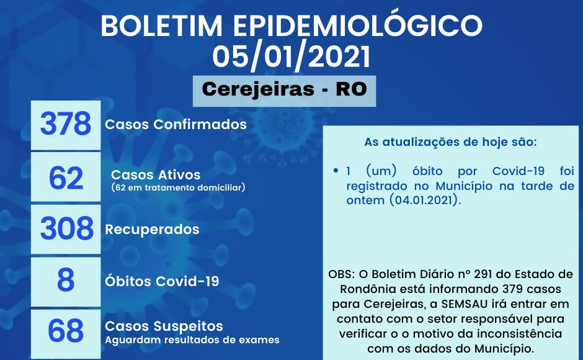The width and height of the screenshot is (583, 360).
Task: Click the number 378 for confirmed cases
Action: tap(66, 124)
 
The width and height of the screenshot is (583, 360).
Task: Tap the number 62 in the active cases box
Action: tap(66, 178)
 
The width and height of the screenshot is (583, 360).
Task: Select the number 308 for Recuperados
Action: tap(66, 228)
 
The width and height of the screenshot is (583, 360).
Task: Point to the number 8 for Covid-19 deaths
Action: tap(66, 279)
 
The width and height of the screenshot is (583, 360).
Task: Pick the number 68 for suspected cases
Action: tap(66, 330)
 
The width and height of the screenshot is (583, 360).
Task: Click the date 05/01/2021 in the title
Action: tap(291, 56)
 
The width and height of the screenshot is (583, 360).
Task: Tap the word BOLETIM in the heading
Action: tap(161, 25)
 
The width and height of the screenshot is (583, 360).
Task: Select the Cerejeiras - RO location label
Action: tap(285, 89)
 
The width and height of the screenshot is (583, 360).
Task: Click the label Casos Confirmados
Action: tap(176, 124)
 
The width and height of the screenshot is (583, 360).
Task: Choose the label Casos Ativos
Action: tap(156, 174)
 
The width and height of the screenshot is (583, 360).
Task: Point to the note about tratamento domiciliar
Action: tap(178, 187)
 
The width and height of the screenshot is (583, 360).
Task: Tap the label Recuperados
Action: tap(153, 229)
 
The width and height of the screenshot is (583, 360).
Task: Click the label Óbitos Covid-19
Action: tap(162, 281)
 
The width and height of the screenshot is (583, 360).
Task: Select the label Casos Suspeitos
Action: tap(164, 326)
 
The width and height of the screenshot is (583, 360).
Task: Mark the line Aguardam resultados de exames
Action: tap(192, 340)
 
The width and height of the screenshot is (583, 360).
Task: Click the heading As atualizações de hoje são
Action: tap(451, 142)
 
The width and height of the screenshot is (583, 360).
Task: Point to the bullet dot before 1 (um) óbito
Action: tap(336, 171)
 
